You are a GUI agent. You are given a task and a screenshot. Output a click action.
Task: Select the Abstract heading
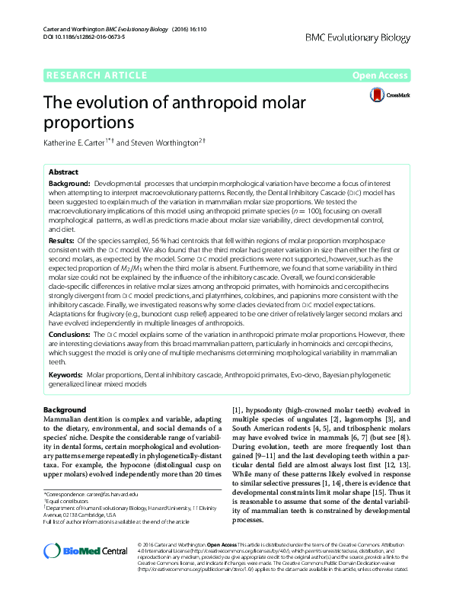(x=64, y=172)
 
